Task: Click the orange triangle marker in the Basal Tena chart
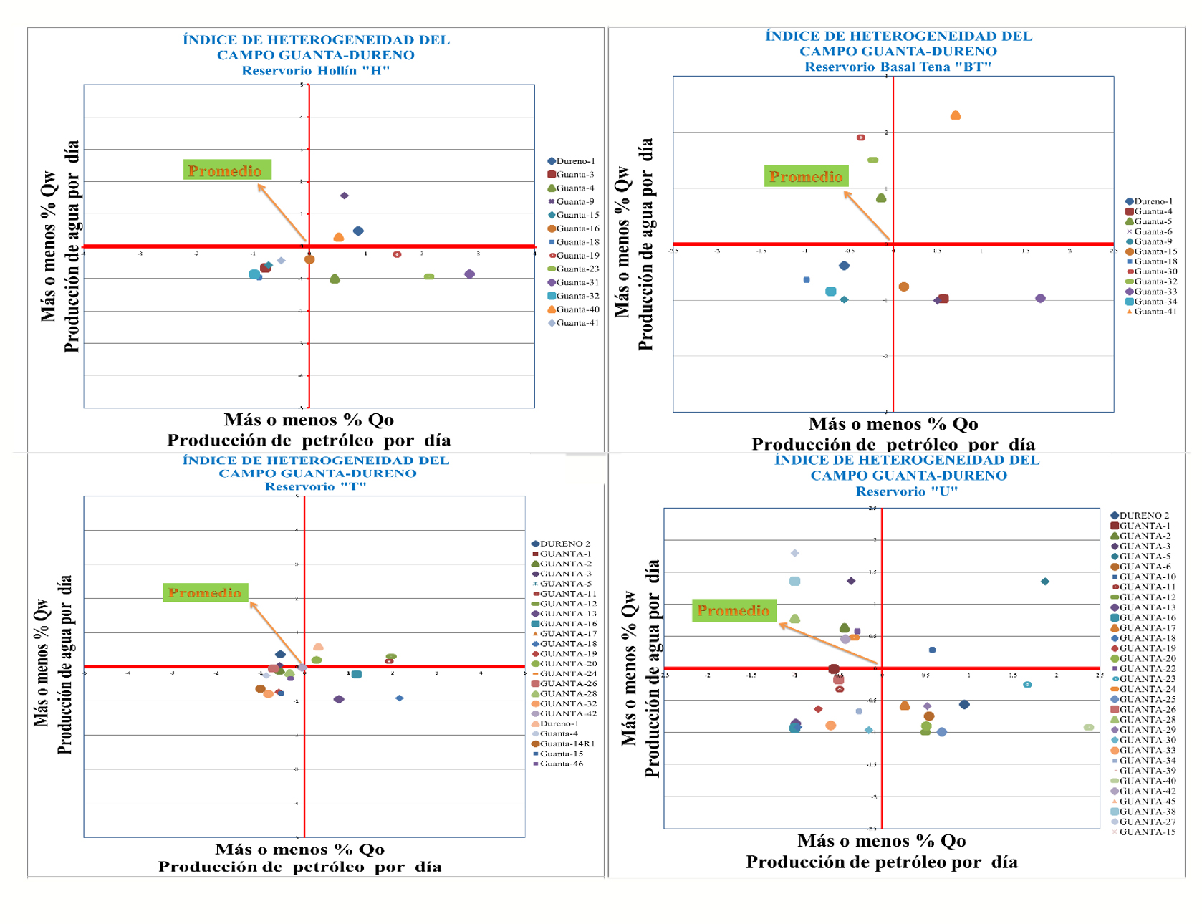click(955, 115)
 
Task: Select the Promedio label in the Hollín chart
click(226, 170)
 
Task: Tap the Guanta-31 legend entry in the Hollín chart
click(573, 282)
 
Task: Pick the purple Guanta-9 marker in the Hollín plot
click(345, 196)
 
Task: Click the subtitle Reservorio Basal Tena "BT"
click(898, 67)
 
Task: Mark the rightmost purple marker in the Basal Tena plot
click(1040, 298)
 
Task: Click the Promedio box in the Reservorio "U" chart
click(734, 610)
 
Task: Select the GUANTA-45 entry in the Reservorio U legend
click(1144, 802)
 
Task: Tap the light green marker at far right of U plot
click(1089, 728)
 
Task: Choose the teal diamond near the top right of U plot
click(1045, 582)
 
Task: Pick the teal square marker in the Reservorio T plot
click(357, 674)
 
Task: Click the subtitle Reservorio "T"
click(315, 487)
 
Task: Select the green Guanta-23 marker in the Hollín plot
click(428, 276)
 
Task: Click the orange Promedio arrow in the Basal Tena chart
click(867, 216)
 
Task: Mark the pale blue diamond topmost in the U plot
click(794, 553)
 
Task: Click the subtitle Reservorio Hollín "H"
click(315, 71)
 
